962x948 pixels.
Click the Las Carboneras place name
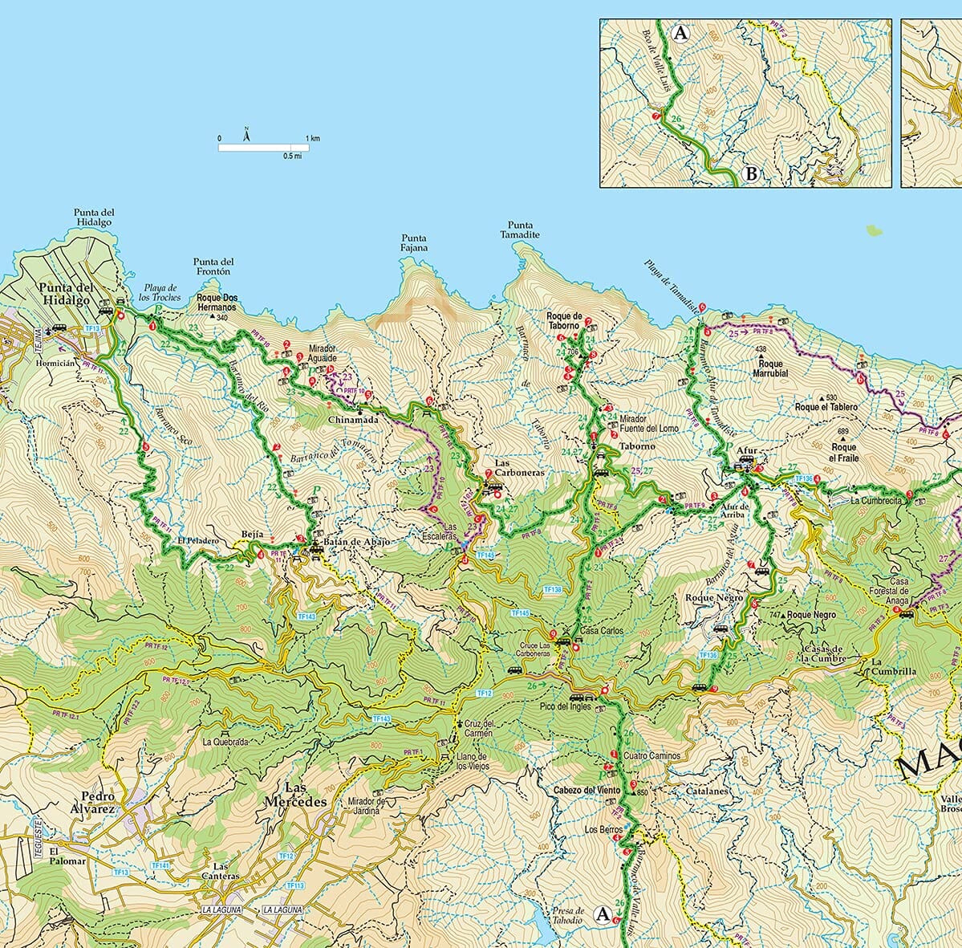click(x=519, y=469)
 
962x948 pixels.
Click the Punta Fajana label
click(x=415, y=243)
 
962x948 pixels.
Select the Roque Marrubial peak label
click(x=770, y=368)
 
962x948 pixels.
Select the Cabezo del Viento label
click(x=587, y=791)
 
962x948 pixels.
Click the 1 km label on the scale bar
click(x=311, y=139)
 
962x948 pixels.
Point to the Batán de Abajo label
click(x=358, y=543)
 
